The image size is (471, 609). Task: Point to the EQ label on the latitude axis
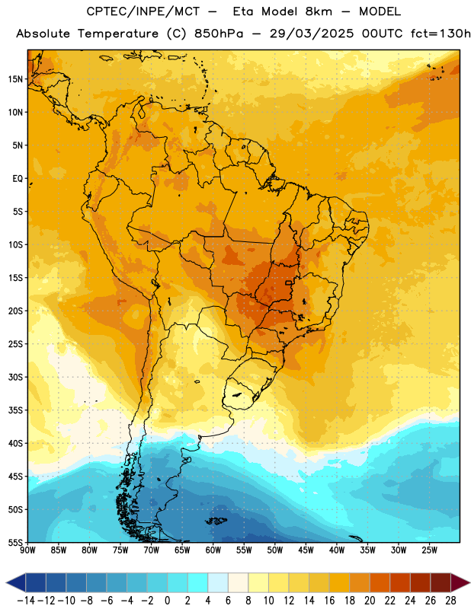pyautogui.click(x=18, y=179)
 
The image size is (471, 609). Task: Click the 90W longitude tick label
pyautogui.click(x=28, y=550)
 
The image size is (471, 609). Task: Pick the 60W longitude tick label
pyautogui.click(x=213, y=550)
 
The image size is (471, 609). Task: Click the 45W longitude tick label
pyautogui.click(x=306, y=550)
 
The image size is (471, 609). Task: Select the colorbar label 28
pyautogui.click(x=450, y=601)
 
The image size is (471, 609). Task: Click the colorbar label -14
pyautogui.click(x=26, y=601)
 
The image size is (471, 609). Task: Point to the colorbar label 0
pyautogui.click(x=167, y=601)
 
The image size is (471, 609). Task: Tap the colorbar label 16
pyautogui.click(x=329, y=601)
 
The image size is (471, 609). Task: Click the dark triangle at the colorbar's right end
pyautogui.click(x=460, y=582)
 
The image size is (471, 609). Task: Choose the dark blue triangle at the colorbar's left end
pyautogui.click(x=16, y=582)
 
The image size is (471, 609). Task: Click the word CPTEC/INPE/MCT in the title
pyautogui.click(x=143, y=11)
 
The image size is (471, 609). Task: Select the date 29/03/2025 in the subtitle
pyautogui.click(x=312, y=33)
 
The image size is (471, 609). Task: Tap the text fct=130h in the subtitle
pyautogui.click(x=441, y=33)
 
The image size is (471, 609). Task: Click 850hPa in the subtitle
pyautogui.click(x=219, y=33)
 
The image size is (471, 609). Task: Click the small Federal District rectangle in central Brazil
pyautogui.click(x=289, y=282)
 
